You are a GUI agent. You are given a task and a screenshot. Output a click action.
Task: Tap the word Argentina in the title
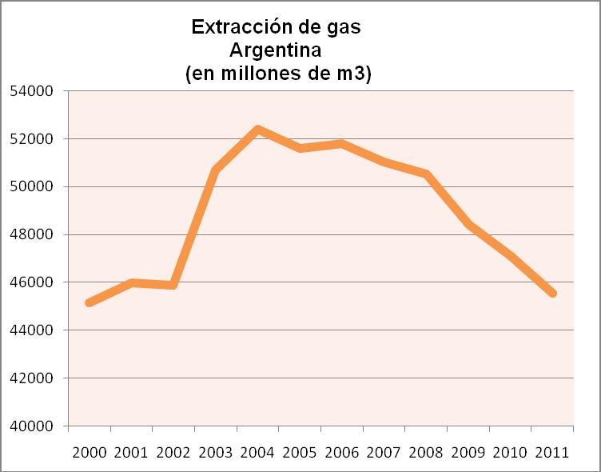point(275,50)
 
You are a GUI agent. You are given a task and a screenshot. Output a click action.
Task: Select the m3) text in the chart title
point(354,74)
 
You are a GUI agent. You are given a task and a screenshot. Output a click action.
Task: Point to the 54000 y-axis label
point(31,91)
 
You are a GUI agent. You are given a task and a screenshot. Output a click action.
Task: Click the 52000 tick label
point(31,139)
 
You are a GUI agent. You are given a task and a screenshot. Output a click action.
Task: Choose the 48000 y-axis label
point(31,234)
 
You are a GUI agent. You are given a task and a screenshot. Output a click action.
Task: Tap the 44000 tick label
point(31,330)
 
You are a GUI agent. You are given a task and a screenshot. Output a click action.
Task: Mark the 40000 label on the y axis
point(31,426)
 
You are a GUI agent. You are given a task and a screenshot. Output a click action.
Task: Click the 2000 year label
point(90,453)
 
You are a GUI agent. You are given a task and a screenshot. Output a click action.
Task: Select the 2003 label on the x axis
point(216,453)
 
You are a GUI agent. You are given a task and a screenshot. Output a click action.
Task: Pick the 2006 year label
point(341,453)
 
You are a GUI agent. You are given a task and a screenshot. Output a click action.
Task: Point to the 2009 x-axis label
point(468,453)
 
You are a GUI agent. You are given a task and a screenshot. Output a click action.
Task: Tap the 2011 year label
point(552,453)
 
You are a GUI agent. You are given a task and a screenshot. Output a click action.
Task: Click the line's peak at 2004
point(257,130)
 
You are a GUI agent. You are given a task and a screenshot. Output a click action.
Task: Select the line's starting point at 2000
point(90,302)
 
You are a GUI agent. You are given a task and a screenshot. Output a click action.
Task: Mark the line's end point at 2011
point(552,294)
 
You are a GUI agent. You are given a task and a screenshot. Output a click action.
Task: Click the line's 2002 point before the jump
point(173,285)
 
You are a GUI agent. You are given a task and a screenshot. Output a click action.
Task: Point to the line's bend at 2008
point(426,174)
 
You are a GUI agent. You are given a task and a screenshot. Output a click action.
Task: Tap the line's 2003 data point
point(216,170)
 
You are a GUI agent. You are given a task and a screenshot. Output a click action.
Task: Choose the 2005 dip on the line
point(300,148)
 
